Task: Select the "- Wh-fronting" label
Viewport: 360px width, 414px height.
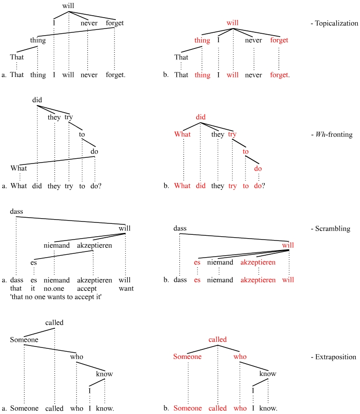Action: pos(332,135)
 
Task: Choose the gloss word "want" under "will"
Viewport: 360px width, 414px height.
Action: pos(126,289)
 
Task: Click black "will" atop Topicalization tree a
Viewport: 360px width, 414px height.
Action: pos(69,6)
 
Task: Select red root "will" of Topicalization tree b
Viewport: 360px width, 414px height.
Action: pos(233,22)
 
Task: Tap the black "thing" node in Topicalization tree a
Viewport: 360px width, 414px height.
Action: pos(38,40)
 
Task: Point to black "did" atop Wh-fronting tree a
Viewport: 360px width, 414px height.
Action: pos(38,100)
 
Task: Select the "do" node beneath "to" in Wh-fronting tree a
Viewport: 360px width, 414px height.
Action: pos(95,152)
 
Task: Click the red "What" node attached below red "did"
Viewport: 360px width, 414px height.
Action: pos(183,135)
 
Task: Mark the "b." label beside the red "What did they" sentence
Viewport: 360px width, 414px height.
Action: pos(166,186)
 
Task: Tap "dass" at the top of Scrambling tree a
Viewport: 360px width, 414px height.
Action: pos(16,211)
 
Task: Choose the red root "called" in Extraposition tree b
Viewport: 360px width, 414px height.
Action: pos(218,339)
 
